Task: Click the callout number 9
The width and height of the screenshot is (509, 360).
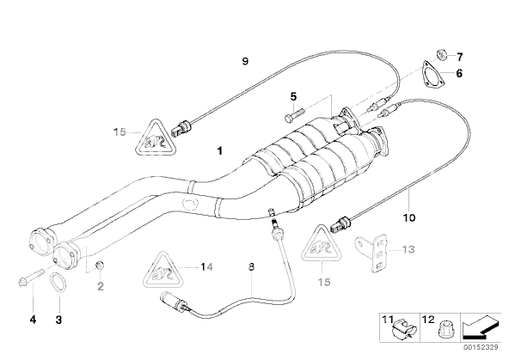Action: [x=245, y=61]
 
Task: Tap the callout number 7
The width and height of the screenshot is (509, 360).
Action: [x=459, y=58]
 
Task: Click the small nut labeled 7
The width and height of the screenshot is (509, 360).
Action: [x=441, y=54]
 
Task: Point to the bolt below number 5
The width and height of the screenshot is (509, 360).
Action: [x=294, y=115]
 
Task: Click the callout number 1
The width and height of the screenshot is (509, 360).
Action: [x=220, y=151]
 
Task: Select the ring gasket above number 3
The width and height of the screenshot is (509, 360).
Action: [x=58, y=282]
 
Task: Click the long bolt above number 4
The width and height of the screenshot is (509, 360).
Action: [x=31, y=278]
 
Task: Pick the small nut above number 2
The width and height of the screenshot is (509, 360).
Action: [x=100, y=265]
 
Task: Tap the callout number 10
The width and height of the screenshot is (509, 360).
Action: [x=409, y=218]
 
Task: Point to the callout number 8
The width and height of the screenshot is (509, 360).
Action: [x=251, y=267]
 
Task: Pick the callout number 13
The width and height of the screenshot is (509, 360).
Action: [x=408, y=249]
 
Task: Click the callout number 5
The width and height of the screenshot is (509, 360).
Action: [x=293, y=96]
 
